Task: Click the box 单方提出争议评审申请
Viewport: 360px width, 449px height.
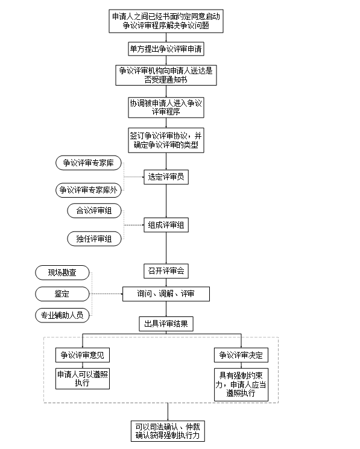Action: click(x=166, y=49)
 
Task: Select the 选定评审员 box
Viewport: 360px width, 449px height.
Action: click(x=166, y=177)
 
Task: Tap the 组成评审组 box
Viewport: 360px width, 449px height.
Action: click(x=166, y=225)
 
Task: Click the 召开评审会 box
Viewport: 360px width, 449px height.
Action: click(x=166, y=271)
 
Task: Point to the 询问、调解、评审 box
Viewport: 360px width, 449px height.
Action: click(x=166, y=294)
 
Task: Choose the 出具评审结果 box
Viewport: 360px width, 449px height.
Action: click(x=166, y=324)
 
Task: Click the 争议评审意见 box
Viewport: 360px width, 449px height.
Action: click(x=83, y=355)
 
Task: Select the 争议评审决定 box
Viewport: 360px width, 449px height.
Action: click(x=241, y=355)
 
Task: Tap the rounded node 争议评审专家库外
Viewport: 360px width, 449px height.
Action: click(x=89, y=190)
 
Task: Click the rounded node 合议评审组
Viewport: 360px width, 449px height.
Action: click(x=94, y=211)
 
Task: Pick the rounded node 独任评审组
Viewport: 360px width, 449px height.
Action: click(x=94, y=239)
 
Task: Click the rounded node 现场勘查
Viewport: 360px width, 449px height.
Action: click(x=62, y=272)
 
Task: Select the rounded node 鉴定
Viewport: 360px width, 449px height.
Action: click(x=62, y=294)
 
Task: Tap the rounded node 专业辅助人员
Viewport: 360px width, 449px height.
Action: click(x=62, y=316)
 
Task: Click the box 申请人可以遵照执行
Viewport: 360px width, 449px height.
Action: click(x=83, y=378)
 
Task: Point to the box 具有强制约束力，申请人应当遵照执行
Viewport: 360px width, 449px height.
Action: click(x=241, y=385)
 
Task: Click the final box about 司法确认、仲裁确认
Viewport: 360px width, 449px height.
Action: click(x=168, y=432)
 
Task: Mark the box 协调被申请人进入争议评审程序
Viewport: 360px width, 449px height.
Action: click(x=166, y=107)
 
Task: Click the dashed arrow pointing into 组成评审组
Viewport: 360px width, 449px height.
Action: click(x=134, y=225)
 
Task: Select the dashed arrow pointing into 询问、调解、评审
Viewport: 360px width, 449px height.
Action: click(x=107, y=294)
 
